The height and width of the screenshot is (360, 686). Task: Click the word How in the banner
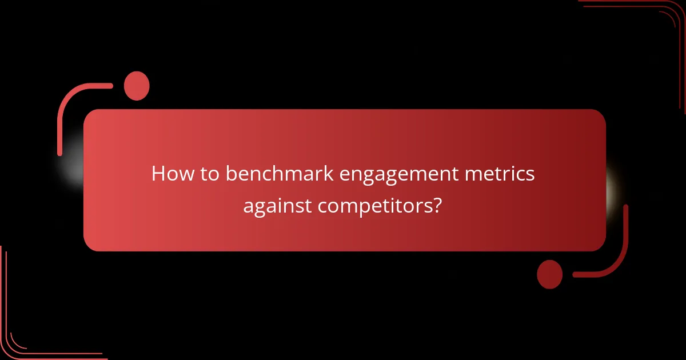tap(170, 174)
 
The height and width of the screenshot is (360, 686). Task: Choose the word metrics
tap(503, 174)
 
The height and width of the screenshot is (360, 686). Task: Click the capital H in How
tap(158, 174)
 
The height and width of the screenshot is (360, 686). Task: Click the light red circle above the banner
tap(137, 86)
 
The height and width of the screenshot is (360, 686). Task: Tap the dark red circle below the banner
tap(550, 274)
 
